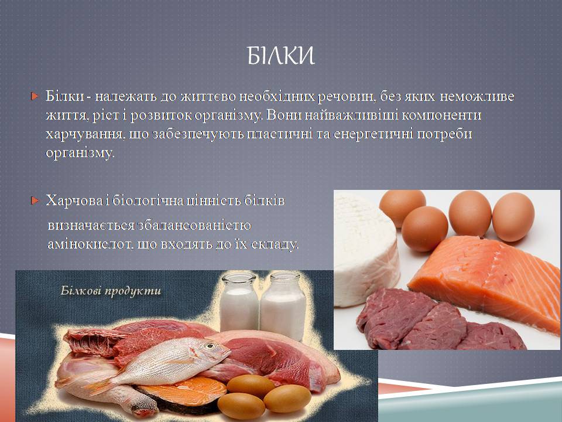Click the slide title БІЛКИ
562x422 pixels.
tap(280, 56)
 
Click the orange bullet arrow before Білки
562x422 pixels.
tap(35, 96)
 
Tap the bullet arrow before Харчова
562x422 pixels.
tap(35, 200)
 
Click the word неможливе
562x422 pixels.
tap(477, 96)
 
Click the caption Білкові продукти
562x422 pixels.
tap(111, 291)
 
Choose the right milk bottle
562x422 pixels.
tap(283, 306)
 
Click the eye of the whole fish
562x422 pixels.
tap(210, 346)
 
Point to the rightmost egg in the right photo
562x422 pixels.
tap(513, 217)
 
